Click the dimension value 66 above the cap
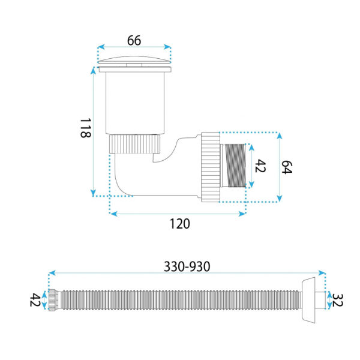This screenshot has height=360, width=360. click(x=134, y=40)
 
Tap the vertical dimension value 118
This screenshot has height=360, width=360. click(x=86, y=128)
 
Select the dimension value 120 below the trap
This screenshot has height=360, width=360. click(x=180, y=224)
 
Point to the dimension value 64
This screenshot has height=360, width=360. click(x=287, y=167)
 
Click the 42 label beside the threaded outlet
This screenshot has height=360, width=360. click(x=260, y=166)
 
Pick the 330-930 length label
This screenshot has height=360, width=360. click(x=187, y=266)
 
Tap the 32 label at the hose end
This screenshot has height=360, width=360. click(x=337, y=301)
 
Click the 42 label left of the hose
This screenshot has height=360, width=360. click(x=35, y=300)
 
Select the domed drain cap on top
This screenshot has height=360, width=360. click(x=134, y=59)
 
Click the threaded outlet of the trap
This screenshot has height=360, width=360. click(x=233, y=166)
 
